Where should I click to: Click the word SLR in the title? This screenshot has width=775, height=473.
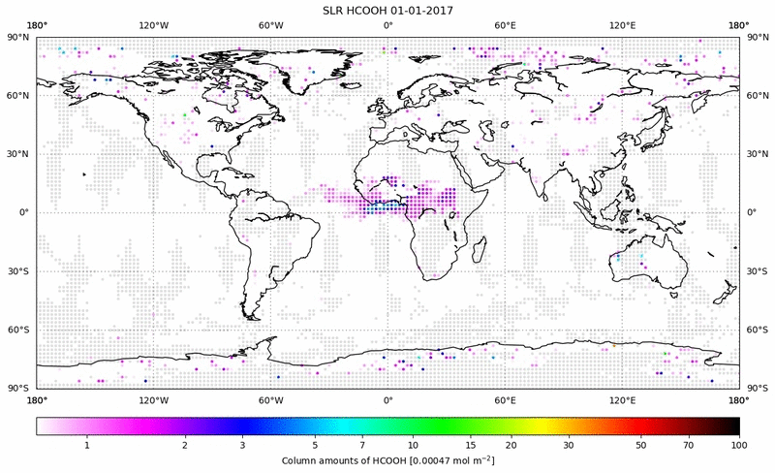click(335, 10)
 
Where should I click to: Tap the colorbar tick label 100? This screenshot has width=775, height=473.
click(739, 444)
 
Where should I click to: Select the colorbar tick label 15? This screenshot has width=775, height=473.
click(470, 444)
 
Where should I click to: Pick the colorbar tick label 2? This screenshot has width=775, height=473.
click(184, 444)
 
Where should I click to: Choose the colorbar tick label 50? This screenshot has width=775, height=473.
click(640, 444)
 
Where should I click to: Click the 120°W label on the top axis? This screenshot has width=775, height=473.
click(153, 25)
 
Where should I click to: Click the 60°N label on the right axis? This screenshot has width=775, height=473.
click(756, 96)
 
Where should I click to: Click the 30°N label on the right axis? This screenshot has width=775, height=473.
click(756, 154)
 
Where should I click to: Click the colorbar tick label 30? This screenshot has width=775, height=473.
click(570, 444)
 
